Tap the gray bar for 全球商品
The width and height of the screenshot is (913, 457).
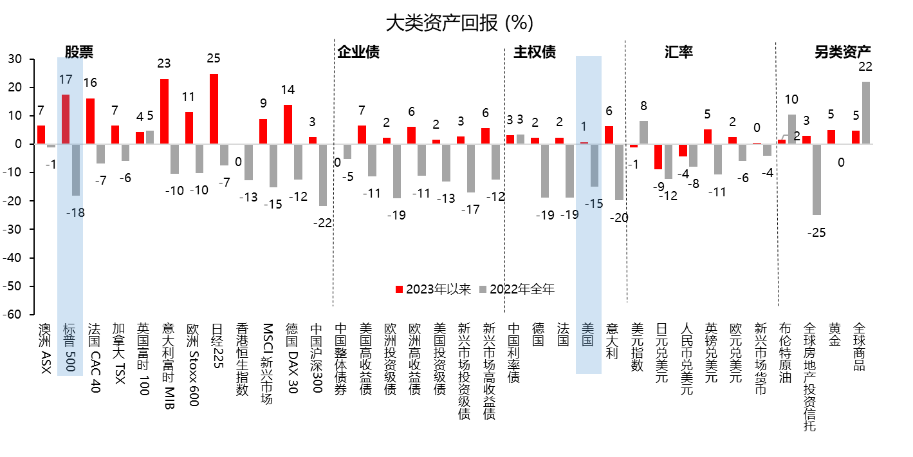[x=865, y=113]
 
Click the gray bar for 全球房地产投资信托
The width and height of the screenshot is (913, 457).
[x=816, y=180]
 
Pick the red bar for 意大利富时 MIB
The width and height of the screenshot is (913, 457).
[x=164, y=111]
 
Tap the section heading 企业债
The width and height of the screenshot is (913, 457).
[x=358, y=51]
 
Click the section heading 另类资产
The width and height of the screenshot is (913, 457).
[x=842, y=51]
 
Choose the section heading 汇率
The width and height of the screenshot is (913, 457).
[x=678, y=51]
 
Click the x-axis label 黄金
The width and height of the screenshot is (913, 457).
[x=834, y=335]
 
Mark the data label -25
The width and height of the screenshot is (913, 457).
[x=817, y=232]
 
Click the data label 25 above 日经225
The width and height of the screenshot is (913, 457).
[x=214, y=58]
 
